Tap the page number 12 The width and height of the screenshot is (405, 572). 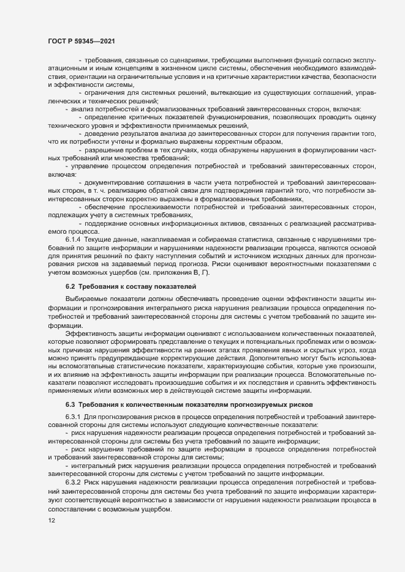coord(51,521)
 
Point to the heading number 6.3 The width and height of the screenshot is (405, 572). coord(69,404)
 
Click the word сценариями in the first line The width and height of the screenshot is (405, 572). coord(184,61)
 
